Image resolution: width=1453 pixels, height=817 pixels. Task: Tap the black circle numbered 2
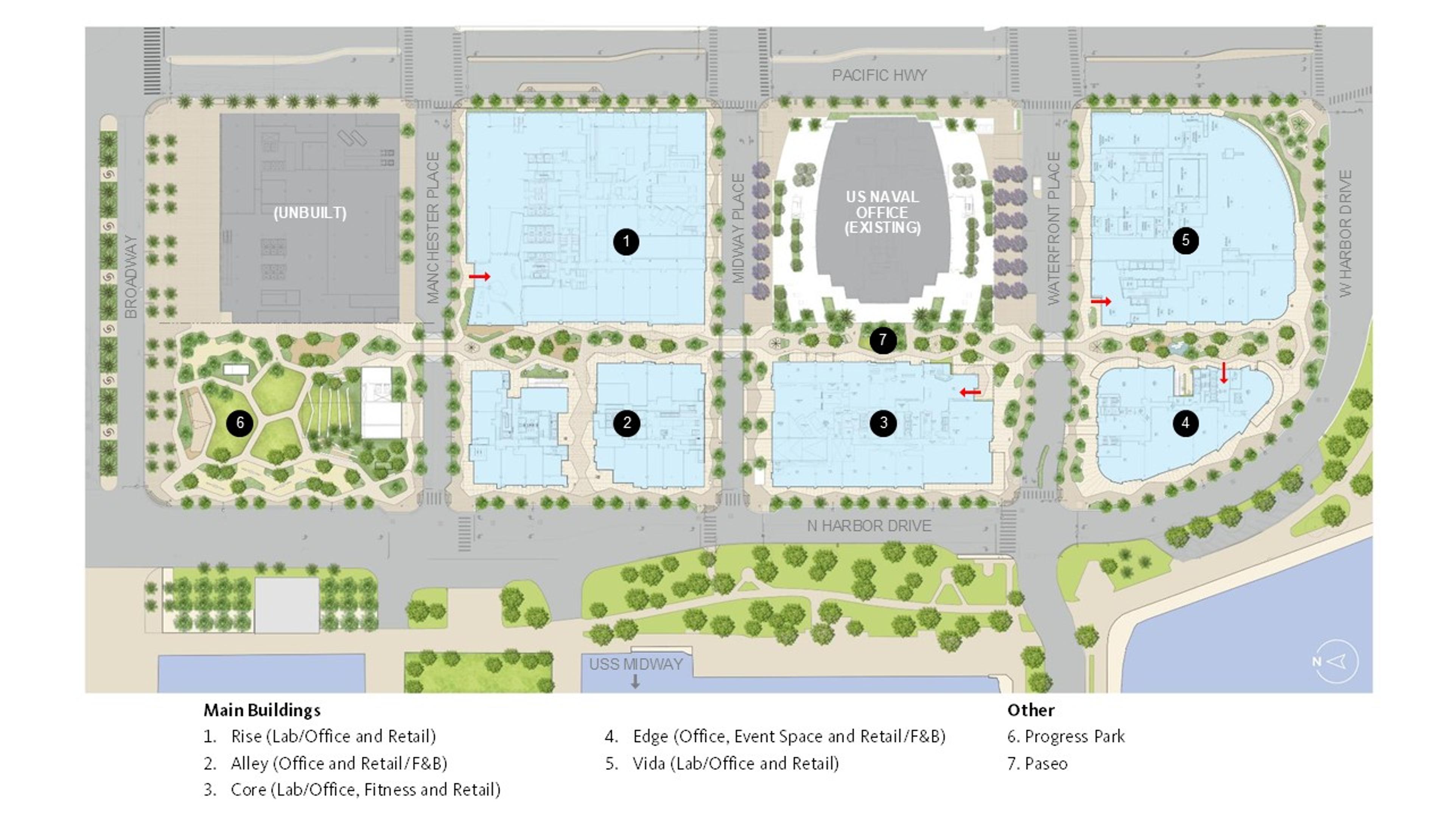[x=627, y=423]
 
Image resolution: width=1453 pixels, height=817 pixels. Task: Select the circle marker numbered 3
[x=883, y=423]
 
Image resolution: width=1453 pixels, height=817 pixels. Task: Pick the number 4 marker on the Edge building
[x=1185, y=423]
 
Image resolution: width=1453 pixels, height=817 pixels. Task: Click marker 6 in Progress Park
[x=240, y=423]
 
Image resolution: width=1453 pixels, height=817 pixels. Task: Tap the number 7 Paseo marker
[x=883, y=340]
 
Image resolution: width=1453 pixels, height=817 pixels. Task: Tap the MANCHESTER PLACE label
[x=432, y=228]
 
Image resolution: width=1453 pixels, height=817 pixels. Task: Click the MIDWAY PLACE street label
[x=738, y=228]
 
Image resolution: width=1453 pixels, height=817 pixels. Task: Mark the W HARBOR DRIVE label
[x=1345, y=233]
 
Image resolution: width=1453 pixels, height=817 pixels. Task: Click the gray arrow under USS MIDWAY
[x=635, y=682]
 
